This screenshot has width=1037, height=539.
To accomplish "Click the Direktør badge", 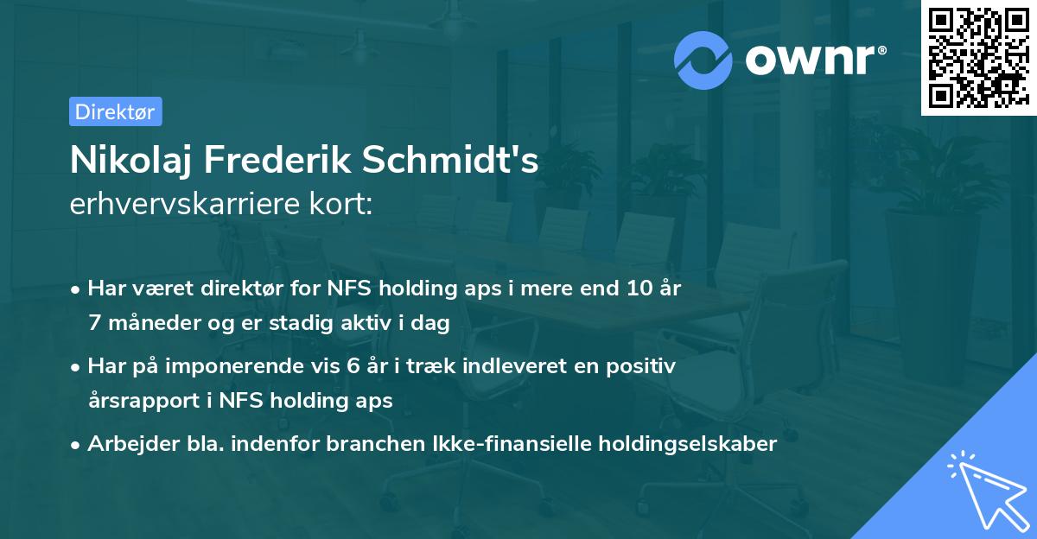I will click(x=115, y=111).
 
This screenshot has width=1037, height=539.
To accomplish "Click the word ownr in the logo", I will click(x=814, y=60).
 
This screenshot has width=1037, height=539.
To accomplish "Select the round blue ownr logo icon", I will click(x=704, y=60).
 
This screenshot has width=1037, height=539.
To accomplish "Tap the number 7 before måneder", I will click(x=93, y=323).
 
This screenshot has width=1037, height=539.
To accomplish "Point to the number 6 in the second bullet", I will click(x=353, y=366).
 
